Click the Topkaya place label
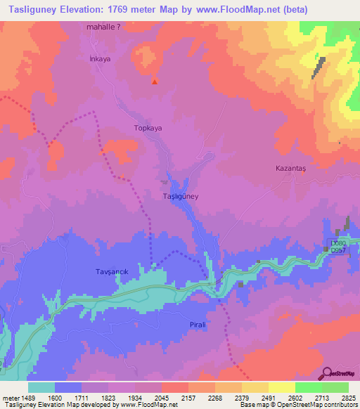(x=148, y=129)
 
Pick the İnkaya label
(x=101, y=59)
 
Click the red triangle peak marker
(x=155, y=82)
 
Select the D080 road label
(x=340, y=244)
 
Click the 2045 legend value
(x=161, y=397)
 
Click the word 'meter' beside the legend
(x=9, y=397)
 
